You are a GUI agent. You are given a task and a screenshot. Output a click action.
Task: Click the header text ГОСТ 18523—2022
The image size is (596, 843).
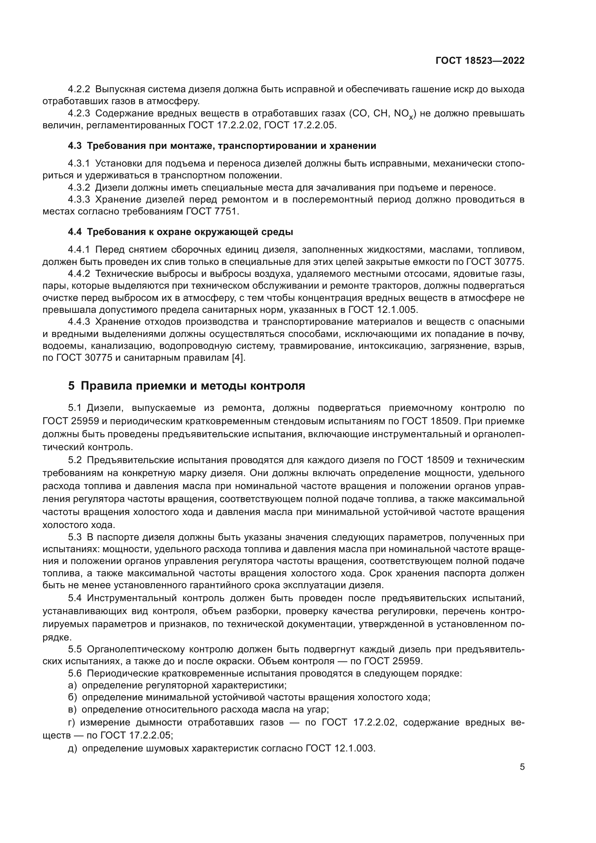click(x=480, y=61)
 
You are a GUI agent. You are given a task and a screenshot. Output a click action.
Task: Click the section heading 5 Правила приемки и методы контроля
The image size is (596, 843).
click(x=186, y=386)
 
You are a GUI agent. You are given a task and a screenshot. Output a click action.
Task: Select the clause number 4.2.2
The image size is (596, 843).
click(x=79, y=89)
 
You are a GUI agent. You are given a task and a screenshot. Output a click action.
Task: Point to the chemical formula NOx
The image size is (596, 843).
click(x=405, y=114)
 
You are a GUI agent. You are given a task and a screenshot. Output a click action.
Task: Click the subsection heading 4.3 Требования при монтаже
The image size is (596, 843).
click(x=222, y=146)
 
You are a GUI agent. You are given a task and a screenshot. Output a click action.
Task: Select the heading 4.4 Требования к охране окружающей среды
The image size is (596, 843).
click(x=180, y=232)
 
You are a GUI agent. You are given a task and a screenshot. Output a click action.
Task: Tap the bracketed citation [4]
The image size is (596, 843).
click(x=239, y=358)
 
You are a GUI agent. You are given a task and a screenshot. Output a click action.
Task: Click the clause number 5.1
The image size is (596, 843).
click(x=75, y=408)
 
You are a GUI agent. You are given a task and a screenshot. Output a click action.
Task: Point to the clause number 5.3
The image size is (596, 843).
click(x=75, y=537)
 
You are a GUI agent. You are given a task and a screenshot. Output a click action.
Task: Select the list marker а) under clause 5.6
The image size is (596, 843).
click(x=72, y=685)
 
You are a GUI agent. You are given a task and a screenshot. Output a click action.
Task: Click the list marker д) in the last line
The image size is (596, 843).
click(x=72, y=748)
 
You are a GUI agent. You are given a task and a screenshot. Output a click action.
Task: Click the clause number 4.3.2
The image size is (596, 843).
click(x=79, y=188)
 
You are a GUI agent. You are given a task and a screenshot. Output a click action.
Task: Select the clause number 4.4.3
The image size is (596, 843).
click(x=79, y=321)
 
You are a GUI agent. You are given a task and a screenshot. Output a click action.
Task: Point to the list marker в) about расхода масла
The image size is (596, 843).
click(x=72, y=709)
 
